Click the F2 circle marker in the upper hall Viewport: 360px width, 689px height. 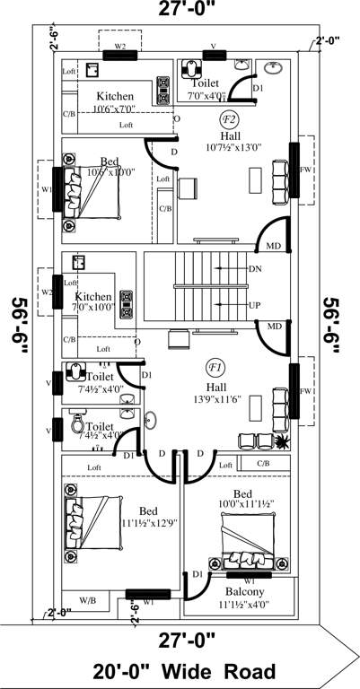[x=229, y=119]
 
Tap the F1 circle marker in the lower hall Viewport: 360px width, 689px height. [x=215, y=366]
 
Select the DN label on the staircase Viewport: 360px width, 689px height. [x=255, y=269]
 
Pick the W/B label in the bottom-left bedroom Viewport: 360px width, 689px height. [x=88, y=599]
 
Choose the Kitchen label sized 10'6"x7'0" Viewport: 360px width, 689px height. [x=114, y=97]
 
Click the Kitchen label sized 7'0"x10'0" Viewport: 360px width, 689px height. [x=93, y=297]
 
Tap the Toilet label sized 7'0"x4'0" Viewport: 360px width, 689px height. [x=206, y=83]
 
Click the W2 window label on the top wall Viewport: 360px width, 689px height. [x=119, y=44]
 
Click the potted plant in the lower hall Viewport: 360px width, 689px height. [x=283, y=440]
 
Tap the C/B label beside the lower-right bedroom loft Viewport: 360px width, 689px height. [x=263, y=464]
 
